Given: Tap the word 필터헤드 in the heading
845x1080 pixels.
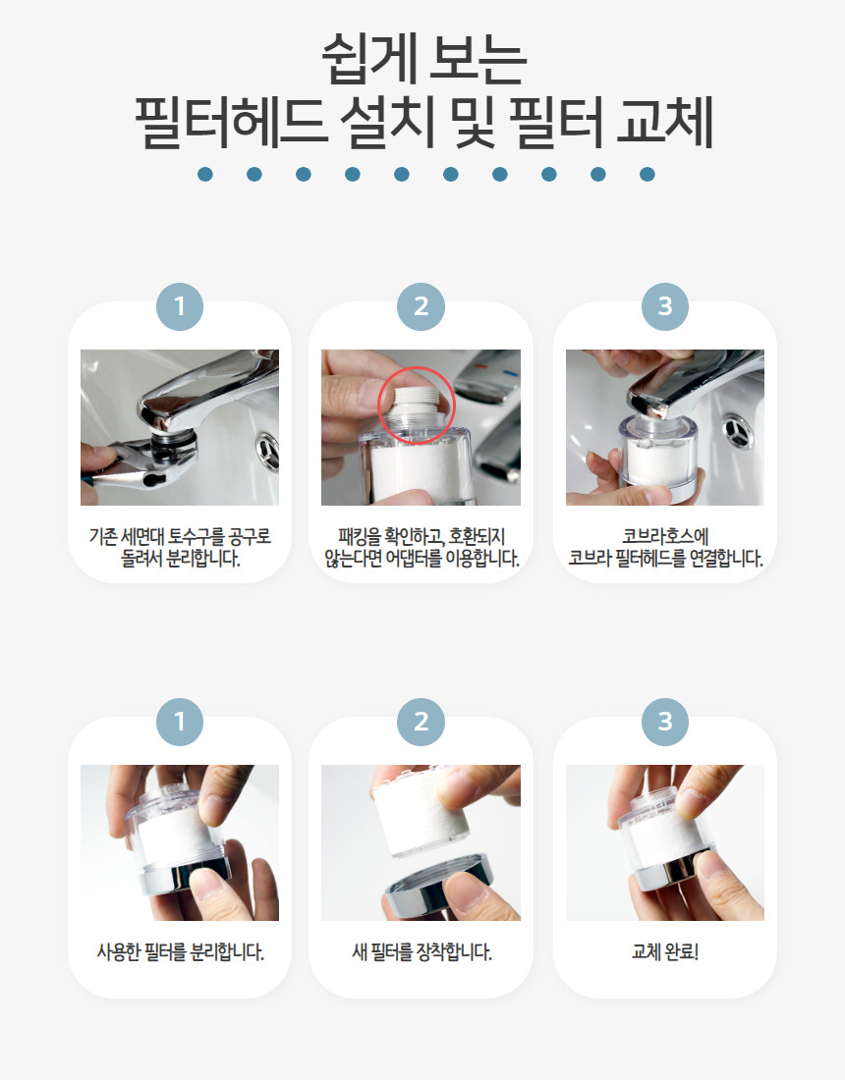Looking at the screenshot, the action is (x=230, y=123).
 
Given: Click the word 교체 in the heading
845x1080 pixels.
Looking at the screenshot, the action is (x=664, y=123).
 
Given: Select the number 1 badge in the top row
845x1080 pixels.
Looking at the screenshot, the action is (x=180, y=306).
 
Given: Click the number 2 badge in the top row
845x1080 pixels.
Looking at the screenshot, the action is (x=422, y=306).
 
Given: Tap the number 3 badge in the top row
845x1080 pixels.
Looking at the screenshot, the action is (x=665, y=306).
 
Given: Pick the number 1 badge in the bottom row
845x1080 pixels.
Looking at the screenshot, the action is (x=180, y=722).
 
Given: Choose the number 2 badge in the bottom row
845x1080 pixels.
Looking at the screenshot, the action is (x=422, y=722).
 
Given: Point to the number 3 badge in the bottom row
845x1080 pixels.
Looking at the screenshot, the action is (x=665, y=722).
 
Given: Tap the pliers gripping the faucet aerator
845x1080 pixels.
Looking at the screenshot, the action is (x=138, y=468).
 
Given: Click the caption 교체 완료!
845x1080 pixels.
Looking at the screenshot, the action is (x=665, y=952).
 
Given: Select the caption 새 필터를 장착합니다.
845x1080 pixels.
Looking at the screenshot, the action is (x=422, y=952).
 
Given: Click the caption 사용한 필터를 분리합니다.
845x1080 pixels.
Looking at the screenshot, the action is (x=180, y=952).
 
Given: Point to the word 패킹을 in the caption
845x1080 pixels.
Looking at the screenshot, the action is (x=359, y=536).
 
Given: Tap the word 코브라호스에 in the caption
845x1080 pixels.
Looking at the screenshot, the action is (x=665, y=536).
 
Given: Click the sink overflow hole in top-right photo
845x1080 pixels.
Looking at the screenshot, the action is (x=738, y=430).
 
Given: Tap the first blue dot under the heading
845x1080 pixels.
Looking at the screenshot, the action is (x=204, y=174).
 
